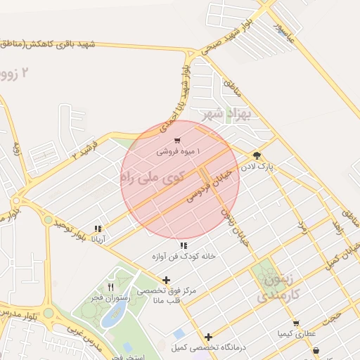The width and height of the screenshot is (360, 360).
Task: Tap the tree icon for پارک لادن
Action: (257, 156)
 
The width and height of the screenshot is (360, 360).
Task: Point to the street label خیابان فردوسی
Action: (209, 186)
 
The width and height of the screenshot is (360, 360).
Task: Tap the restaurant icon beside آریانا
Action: (98, 229)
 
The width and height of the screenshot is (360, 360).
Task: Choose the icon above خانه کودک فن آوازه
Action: (184, 246)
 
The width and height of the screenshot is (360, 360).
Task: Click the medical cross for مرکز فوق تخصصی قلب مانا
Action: (166, 280)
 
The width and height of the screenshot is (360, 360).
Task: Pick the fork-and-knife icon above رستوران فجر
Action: (110, 287)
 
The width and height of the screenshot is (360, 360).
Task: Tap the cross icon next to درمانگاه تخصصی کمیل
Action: (208, 337)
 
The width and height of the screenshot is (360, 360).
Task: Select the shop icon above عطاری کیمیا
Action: (296, 323)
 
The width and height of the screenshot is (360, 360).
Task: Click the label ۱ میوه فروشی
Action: (178, 151)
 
